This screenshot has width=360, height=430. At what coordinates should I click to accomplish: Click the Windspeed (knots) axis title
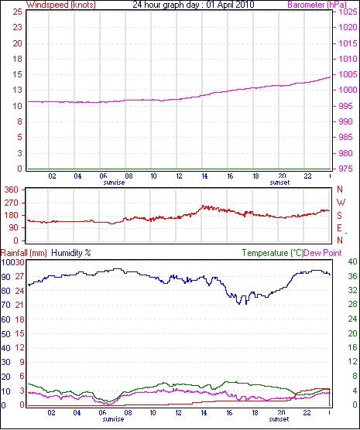click(x=61, y=5)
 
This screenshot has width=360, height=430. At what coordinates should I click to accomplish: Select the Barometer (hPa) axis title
click(x=317, y=5)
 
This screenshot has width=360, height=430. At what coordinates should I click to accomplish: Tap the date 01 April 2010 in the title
click(x=230, y=5)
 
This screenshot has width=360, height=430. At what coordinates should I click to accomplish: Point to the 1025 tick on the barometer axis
click(x=348, y=12)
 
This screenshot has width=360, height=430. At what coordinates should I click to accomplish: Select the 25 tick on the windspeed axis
click(x=17, y=12)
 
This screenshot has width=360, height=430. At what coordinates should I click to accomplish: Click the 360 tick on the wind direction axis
click(x=12, y=189)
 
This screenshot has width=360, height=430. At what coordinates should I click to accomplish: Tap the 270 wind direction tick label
click(x=12, y=203)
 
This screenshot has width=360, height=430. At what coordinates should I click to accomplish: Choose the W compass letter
click(x=341, y=203)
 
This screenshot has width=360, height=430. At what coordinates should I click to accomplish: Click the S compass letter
click(x=340, y=216)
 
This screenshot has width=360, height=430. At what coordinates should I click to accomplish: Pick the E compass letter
click(x=340, y=228)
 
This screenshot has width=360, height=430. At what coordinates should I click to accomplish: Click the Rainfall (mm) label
click(x=24, y=253)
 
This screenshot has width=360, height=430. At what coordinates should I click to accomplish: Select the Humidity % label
click(x=71, y=253)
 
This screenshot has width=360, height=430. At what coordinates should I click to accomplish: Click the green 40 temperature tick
click(x=352, y=261)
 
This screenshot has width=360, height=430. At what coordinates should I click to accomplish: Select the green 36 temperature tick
click(x=352, y=276)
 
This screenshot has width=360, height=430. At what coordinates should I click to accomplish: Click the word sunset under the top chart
click(x=279, y=183)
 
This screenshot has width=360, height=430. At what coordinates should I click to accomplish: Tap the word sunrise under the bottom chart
click(x=113, y=419)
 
